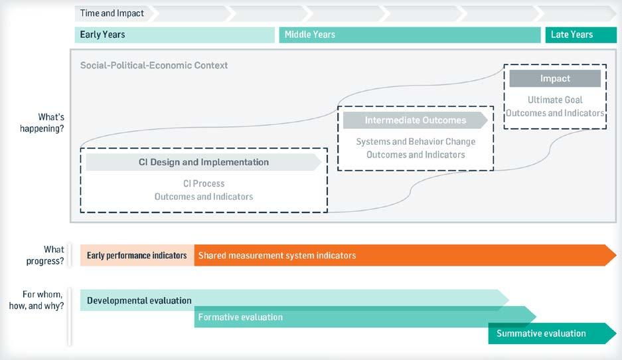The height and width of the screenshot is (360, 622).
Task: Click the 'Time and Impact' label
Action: pyautogui.click(x=112, y=13)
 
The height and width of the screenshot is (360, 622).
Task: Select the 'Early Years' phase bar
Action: pyautogui.click(x=174, y=35)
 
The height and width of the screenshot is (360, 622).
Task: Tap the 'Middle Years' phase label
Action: pyautogui.click(x=310, y=35)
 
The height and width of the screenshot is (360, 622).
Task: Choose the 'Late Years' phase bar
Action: pyautogui.click(x=580, y=35)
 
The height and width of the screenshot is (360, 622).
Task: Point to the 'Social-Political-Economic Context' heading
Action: pyautogui.click(x=154, y=66)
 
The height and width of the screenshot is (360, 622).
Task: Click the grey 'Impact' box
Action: pyautogui.click(x=555, y=78)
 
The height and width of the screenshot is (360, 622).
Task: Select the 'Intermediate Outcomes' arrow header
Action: pyautogui.click(x=415, y=120)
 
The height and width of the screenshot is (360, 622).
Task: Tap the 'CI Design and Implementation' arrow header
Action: pyautogui.click(x=203, y=162)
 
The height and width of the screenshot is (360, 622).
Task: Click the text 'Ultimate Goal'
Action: pyautogui.click(x=555, y=100)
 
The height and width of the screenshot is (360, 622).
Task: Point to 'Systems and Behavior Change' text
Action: pyautogui.click(x=416, y=141)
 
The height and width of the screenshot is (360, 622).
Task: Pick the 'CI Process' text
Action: pyautogui.click(x=204, y=183)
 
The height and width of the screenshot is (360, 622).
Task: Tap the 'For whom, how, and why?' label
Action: pyautogui.click(x=42, y=300)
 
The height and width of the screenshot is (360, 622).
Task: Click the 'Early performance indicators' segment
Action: pyautogui.click(x=137, y=255)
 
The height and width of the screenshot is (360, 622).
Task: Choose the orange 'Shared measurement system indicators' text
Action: pyautogui.click(x=277, y=255)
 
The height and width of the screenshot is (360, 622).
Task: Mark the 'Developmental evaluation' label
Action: pyautogui.click(x=139, y=300)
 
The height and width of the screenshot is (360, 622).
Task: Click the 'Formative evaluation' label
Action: pyautogui.click(x=240, y=317)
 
